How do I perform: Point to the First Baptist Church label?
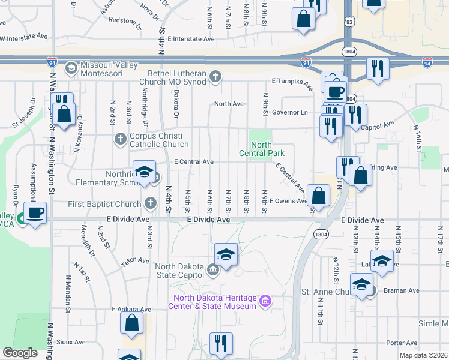(104, 204)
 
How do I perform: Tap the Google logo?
(20, 353)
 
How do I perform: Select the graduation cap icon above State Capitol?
(226, 255)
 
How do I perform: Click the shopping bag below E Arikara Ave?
(131, 323)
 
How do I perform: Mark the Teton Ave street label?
(134, 261)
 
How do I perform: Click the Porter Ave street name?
(402, 343)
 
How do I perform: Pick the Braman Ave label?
(405, 290)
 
